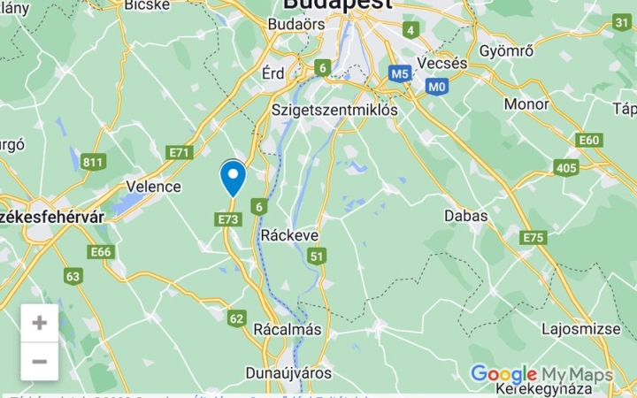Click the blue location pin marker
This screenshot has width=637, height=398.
233,178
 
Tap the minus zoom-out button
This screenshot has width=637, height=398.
40,361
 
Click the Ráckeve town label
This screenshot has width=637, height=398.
289,235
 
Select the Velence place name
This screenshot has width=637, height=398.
153,187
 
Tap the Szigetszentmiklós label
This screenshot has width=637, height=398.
334,110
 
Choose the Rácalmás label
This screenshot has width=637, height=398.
288,329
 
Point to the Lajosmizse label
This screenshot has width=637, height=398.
581,329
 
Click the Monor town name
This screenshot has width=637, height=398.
526,103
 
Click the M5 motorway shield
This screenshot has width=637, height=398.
400,73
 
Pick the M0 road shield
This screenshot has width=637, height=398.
436,87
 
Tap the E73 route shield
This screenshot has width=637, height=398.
227,218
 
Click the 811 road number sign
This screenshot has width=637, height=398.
93,162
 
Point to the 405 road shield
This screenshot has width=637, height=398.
566,167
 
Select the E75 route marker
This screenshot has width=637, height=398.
533,238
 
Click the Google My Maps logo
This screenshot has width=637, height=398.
541,375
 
